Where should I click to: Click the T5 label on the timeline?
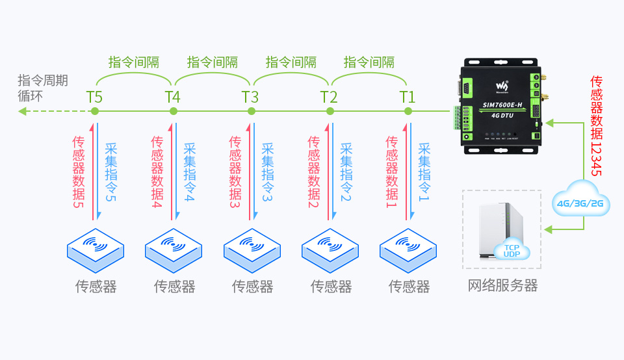point(94,97)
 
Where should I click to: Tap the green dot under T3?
point(252,111)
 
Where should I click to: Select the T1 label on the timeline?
point(408,97)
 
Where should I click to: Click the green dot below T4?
point(173,111)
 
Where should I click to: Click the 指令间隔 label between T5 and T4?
point(134,62)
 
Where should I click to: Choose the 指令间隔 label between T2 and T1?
point(369,62)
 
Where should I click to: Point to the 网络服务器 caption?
point(503,285)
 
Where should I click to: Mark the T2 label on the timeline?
point(329,97)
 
